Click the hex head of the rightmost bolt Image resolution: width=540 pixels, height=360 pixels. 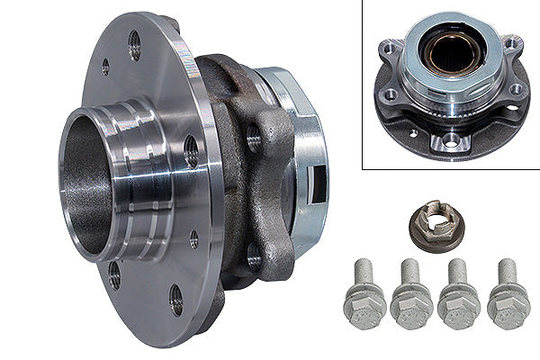508,309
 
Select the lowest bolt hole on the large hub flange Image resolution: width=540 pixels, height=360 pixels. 175,301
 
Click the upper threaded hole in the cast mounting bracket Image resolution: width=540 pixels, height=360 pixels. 254,137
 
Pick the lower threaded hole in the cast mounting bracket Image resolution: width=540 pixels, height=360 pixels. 255,257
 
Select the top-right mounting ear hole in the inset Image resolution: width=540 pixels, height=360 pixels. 510,41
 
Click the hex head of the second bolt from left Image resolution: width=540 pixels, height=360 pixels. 411,309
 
